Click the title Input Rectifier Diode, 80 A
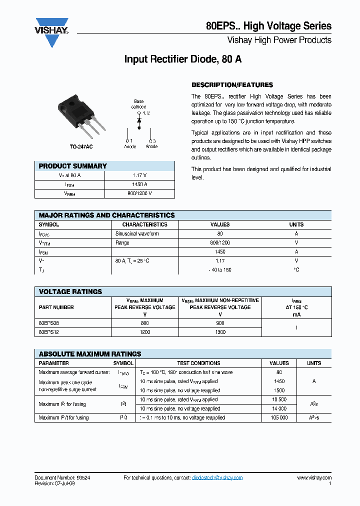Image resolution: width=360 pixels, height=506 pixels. [183, 59]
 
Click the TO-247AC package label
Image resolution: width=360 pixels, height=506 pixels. [81, 146]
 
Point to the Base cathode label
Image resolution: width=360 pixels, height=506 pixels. [138, 104]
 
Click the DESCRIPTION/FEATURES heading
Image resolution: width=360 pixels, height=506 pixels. [232, 85]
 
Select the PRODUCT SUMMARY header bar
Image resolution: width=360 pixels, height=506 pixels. [104, 166]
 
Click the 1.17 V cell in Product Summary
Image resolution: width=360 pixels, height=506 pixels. [139, 175]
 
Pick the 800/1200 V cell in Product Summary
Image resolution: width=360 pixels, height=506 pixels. [139, 193]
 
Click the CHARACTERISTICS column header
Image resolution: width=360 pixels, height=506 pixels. [144, 224]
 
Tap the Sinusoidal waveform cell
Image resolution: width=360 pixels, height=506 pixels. [137, 233]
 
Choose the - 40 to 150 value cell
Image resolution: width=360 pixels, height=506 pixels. [220, 270]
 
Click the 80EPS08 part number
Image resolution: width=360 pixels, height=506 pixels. [49, 323]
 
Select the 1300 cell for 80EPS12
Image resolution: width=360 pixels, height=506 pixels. [220, 332]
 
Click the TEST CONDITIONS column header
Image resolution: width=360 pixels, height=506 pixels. [197, 363]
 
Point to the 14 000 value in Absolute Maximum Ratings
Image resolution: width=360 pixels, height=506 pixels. [279, 408]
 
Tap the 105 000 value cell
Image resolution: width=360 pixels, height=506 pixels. [279, 417]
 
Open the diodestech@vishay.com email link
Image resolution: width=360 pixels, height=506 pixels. [217, 477]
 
